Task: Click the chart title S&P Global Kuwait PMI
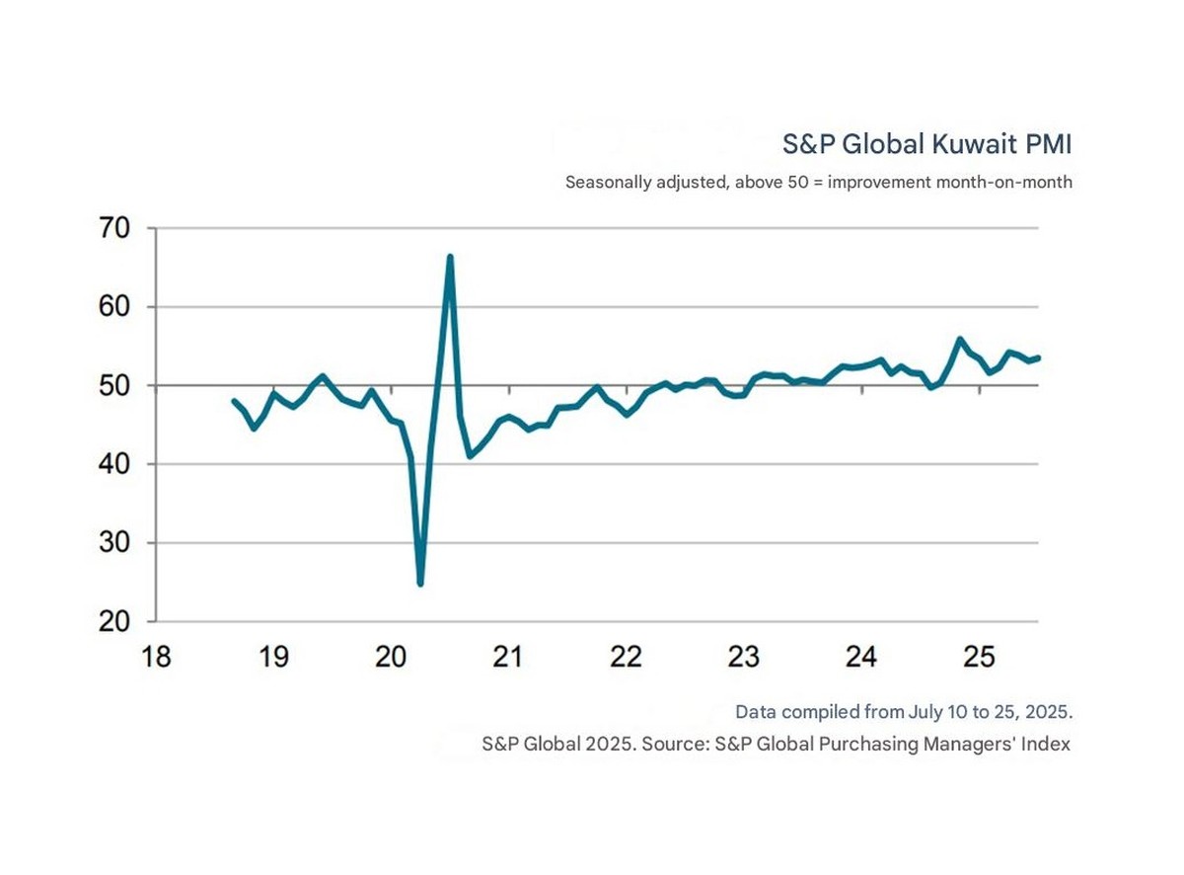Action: point(926,144)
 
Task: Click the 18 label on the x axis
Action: point(156,657)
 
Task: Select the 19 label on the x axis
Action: point(273,657)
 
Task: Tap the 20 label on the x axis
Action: point(391,657)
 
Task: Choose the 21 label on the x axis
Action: point(508,657)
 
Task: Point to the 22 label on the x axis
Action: point(627,657)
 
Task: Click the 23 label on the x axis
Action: point(744,657)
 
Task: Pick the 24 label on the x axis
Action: point(861,657)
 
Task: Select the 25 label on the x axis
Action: point(979,657)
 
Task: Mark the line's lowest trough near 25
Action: point(420,584)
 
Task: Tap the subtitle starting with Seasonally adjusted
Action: point(818,183)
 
